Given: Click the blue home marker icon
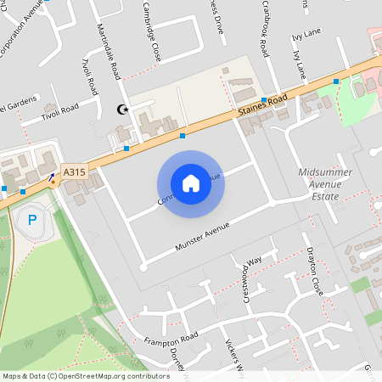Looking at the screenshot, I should [x=191, y=183].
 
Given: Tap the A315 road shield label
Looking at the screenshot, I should [x=75, y=172].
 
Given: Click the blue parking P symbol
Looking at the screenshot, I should [x=32, y=221].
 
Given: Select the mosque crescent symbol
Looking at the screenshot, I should [x=122, y=109].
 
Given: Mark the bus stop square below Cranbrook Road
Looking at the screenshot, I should [x=264, y=100].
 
